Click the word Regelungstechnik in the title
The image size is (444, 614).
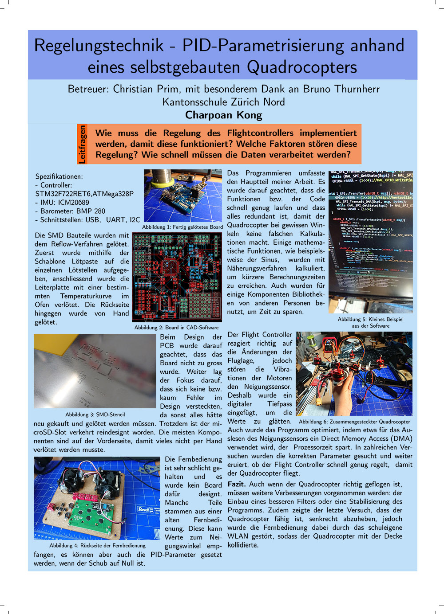[99, 46]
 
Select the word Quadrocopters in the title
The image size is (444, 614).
[302, 67]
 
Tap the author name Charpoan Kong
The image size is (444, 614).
[224, 115]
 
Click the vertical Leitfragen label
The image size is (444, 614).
[82, 144]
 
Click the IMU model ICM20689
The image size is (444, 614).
[73, 203]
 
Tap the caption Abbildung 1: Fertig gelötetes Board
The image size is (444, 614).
[182, 227]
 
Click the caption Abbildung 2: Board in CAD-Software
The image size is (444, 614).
[176, 328]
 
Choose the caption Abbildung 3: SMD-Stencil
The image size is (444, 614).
[95, 415]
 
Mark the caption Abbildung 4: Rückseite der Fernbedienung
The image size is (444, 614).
[97, 546]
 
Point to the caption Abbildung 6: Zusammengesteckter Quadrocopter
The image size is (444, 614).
[354, 422]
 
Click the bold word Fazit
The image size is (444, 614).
[237, 485]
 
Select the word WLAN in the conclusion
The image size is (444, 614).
[238, 536]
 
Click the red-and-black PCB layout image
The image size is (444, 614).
[177, 277]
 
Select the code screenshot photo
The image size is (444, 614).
[371, 242]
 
